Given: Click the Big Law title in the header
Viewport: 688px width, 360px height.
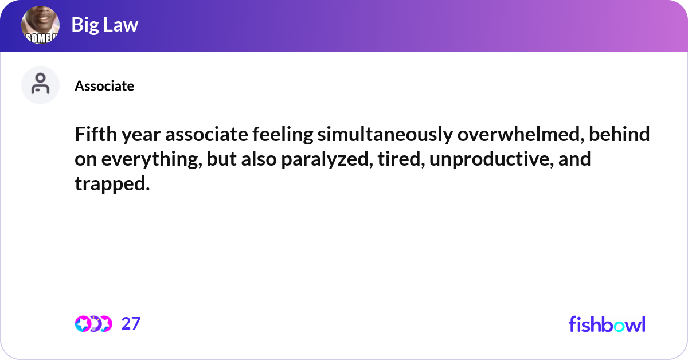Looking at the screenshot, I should point(105,25).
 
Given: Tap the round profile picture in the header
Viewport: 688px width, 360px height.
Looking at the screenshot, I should point(40,26).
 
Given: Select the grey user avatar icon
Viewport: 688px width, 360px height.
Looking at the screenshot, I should point(40,85).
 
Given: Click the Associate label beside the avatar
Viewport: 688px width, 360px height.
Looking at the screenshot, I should point(104,86).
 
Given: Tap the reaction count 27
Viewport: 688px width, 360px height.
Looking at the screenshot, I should point(131,324).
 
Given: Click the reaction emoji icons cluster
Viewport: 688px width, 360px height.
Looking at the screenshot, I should point(93,324).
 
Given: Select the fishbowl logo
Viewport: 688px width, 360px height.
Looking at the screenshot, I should point(607,324).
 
